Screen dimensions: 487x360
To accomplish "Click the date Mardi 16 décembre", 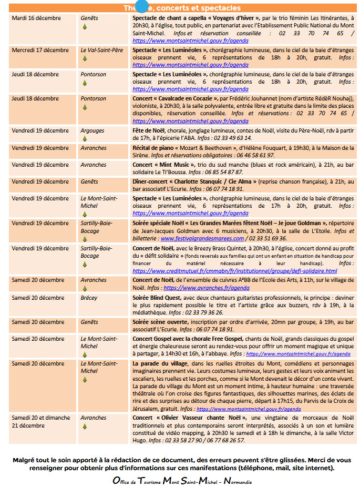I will pos(36,18).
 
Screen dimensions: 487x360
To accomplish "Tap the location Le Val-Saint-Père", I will pos(101,50).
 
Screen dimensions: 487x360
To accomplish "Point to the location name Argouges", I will pos(92,131).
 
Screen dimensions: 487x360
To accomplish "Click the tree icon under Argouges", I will pos(84,139).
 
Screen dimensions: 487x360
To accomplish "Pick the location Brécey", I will pos(89,298).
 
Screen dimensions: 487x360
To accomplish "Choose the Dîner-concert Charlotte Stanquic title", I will pos(194,182).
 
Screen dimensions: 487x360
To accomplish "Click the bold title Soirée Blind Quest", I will pos(157,298).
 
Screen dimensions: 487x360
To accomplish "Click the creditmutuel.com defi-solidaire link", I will pos(235,271).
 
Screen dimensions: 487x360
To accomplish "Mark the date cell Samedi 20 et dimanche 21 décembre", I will pos(41,422).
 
